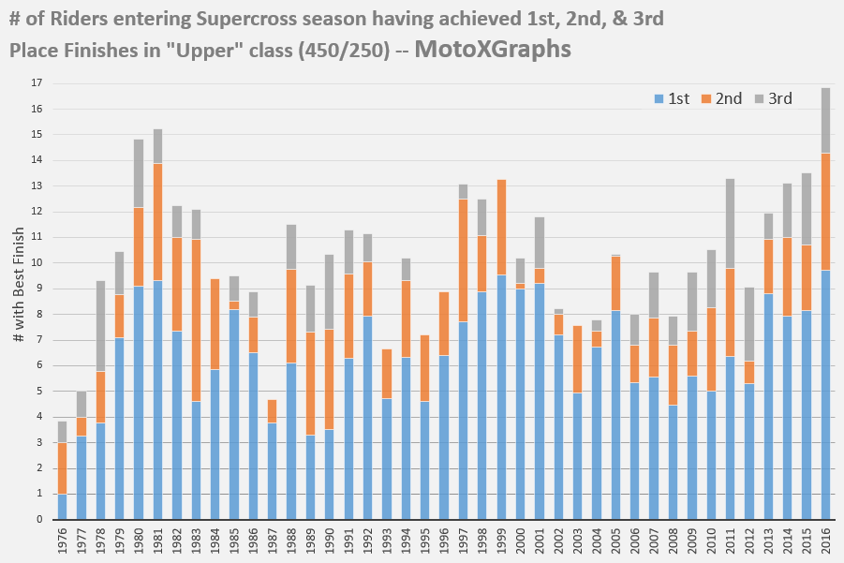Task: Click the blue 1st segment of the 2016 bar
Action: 825,394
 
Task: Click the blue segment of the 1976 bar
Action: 62,506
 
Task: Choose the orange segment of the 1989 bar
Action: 310,383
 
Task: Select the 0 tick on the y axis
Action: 38,519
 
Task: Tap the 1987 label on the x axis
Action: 273,542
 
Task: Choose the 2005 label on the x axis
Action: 616,542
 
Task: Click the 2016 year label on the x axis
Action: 826,542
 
